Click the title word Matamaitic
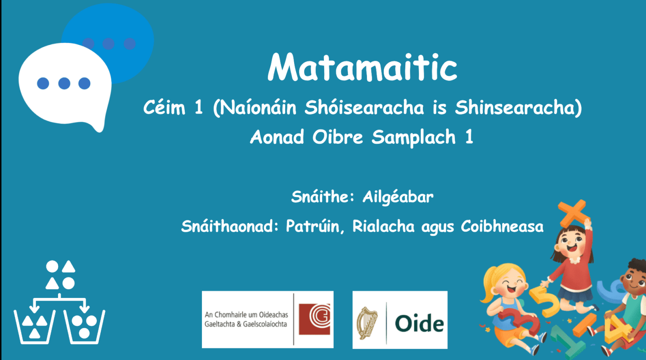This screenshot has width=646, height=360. [362, 67]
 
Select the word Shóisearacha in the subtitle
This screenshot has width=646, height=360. [364, 108]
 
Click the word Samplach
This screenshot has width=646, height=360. [413, 137]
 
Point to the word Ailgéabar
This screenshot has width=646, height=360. [398, 197]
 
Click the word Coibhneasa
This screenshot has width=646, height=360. [502, 227]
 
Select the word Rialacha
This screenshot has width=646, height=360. [383, 227]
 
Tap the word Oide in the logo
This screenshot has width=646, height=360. [419, 323]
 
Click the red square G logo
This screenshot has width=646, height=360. [314, 319]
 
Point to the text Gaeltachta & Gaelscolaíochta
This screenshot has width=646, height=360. [245, 324]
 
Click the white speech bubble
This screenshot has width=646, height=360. [65, 84]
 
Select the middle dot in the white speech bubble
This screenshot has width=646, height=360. [64, 83]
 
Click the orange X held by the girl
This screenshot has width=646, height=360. [572, 212]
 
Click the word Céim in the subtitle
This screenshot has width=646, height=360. [164, 108]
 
